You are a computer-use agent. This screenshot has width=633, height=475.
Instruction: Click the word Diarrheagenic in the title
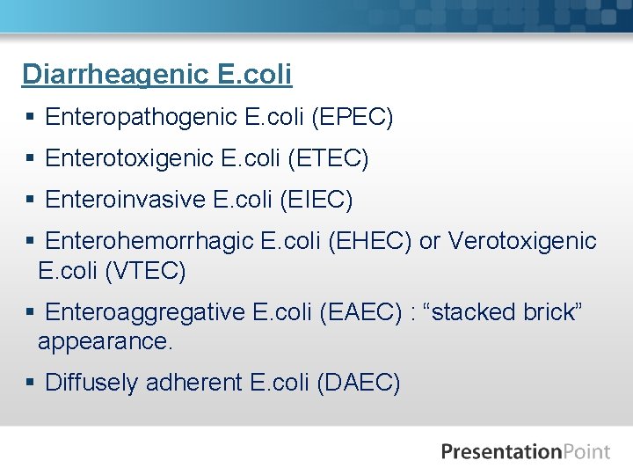pos(114,75)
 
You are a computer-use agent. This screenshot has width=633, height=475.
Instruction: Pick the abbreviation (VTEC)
pos(145,271)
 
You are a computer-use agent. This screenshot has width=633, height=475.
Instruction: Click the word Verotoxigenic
pos(522,241)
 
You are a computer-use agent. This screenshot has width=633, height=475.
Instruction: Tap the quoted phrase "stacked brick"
pos(504,312)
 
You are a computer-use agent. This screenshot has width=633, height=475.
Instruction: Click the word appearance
pos(105,341)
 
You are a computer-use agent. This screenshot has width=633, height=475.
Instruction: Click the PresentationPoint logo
pos(525,452)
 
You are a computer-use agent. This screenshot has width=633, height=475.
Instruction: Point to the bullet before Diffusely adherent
pos(30,383)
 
